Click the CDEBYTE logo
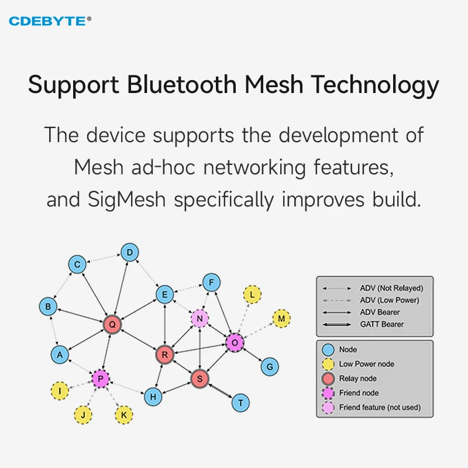pyautogui.click(x=50, y=21)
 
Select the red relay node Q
pyautogui.click(x=112, y=324)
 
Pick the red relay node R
pyautogui.click(x=165, y=354)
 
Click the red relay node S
pyautogui.click(x=200, y=378)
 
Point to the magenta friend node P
pyautogui.click(x=101, y=379)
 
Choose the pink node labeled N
pyautogui.click(x=200, y=318)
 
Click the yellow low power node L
pyautogui.click(x=252, y=295)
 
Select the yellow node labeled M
pyautogui.click(x=281, y=318)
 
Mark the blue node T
pyautogui.click(x=240, y=402)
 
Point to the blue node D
pyautogui.click(x=130, y=253)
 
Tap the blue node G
pyautogui.click(x=269, y=367)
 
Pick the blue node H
pyautogui.click(x=153, y=396)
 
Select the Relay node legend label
pyautogui.click(x=357, y=378)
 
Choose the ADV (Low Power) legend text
pyautogui.click(x=390, y=300)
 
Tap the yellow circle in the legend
pyautogui.click(x=328, y=364)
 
